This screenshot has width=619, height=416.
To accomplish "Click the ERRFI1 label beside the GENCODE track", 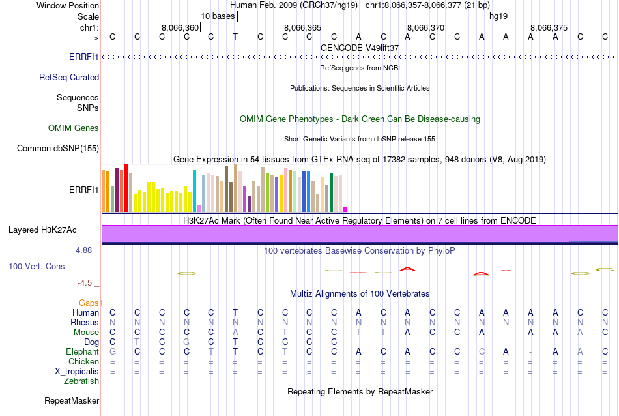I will coord(84,57).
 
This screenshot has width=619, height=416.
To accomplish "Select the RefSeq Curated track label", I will coord(69,77).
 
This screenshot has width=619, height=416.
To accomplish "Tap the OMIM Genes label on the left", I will coord(74,128).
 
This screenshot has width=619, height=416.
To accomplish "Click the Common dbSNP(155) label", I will coord(58,148).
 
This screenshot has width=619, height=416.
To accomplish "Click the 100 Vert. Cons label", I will coord(36,266).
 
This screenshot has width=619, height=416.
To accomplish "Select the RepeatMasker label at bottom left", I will coord(72,400).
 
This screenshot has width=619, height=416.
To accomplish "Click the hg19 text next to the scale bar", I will coord(498,16).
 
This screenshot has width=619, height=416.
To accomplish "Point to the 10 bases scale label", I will coord(218,16).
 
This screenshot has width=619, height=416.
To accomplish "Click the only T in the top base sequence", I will coord(235,37).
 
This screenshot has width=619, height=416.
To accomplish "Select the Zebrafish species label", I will coord(80,381).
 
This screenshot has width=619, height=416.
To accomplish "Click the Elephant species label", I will coord(81,351).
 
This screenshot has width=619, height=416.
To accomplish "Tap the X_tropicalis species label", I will coord(77,371).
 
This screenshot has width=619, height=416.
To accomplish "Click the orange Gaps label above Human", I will coord(91,303).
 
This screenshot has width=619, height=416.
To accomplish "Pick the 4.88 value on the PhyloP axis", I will coord(85,250).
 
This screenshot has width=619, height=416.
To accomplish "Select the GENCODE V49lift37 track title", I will coord(360,48).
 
